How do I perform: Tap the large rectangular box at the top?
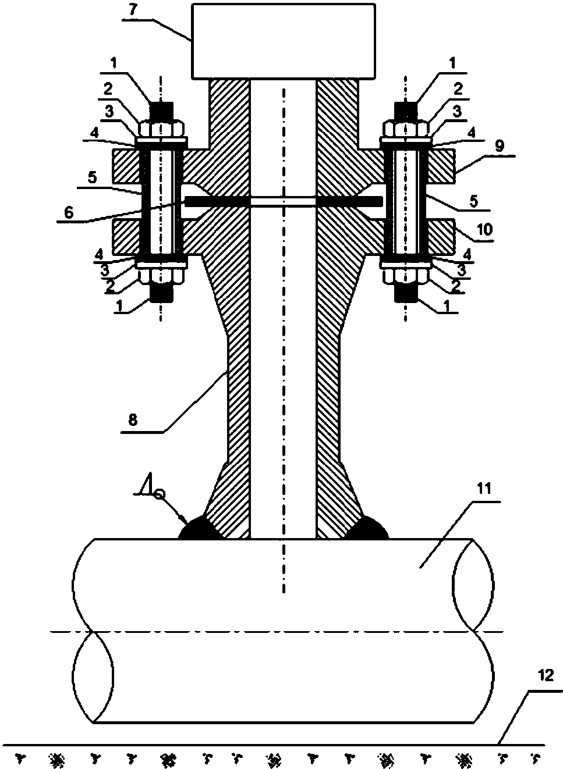coord(284,41)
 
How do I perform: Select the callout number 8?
coord(132,419)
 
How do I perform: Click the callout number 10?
coord(485,229)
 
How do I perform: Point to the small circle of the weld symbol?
coord(160,494)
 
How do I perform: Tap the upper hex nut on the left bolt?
coord(161,129)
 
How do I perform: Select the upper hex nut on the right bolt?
coord(406,129)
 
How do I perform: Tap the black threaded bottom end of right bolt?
coord(406,294)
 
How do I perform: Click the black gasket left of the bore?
coord(217,201)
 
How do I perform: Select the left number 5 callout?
coord(93,177)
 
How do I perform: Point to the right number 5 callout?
coord(474,201)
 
